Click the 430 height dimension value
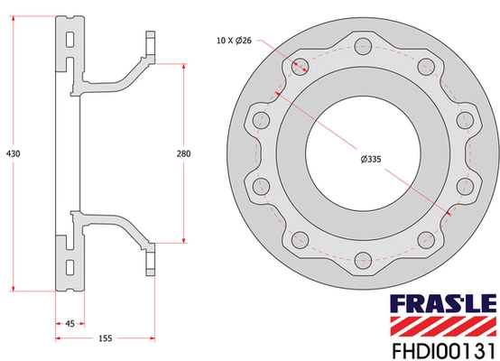13,153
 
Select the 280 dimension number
183,154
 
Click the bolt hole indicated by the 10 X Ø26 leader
297,64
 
